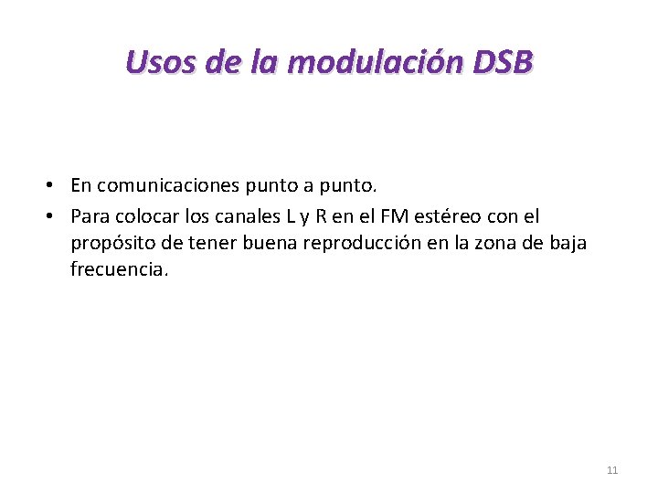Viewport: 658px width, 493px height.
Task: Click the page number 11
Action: point(612,470)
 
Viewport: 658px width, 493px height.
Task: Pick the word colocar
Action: point(144,216)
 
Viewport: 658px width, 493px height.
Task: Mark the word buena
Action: point(267,244)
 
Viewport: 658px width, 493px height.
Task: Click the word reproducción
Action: point(363,244)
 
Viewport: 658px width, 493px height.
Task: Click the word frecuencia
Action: point(119,270)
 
